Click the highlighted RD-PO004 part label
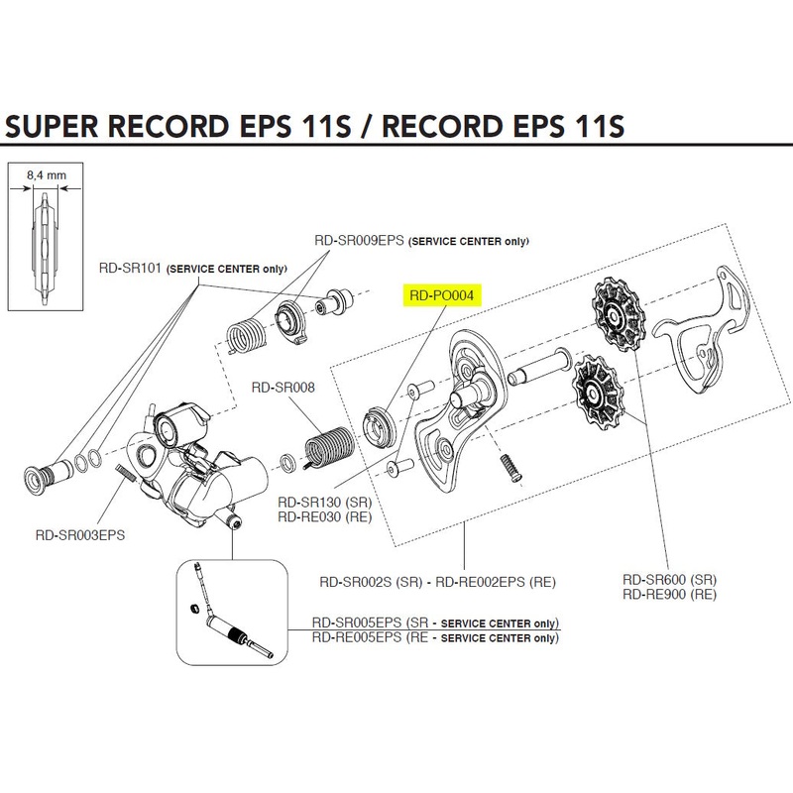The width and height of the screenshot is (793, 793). pos(440,294)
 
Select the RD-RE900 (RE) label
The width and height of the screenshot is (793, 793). pos(668,595)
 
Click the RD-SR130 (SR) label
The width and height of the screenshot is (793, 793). pos(323,503)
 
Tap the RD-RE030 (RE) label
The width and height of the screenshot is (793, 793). pos(323,516)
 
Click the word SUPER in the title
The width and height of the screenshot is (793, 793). pos(62,128)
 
